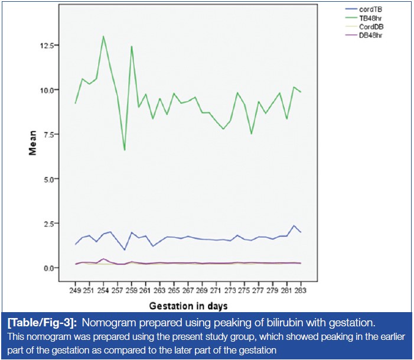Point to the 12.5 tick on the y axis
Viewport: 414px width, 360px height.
pos(48,46)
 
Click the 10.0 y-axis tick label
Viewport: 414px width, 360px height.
pos(48,90)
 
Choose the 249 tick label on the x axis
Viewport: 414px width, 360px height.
pos(76,291)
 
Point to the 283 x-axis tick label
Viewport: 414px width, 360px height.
pos(301,291)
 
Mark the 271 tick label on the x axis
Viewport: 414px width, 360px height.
pos(216,291)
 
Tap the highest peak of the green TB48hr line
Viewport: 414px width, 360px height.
pos(103,36)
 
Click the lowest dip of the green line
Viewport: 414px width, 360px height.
pos(125,150)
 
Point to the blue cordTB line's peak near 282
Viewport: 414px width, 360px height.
pos(294,226)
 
